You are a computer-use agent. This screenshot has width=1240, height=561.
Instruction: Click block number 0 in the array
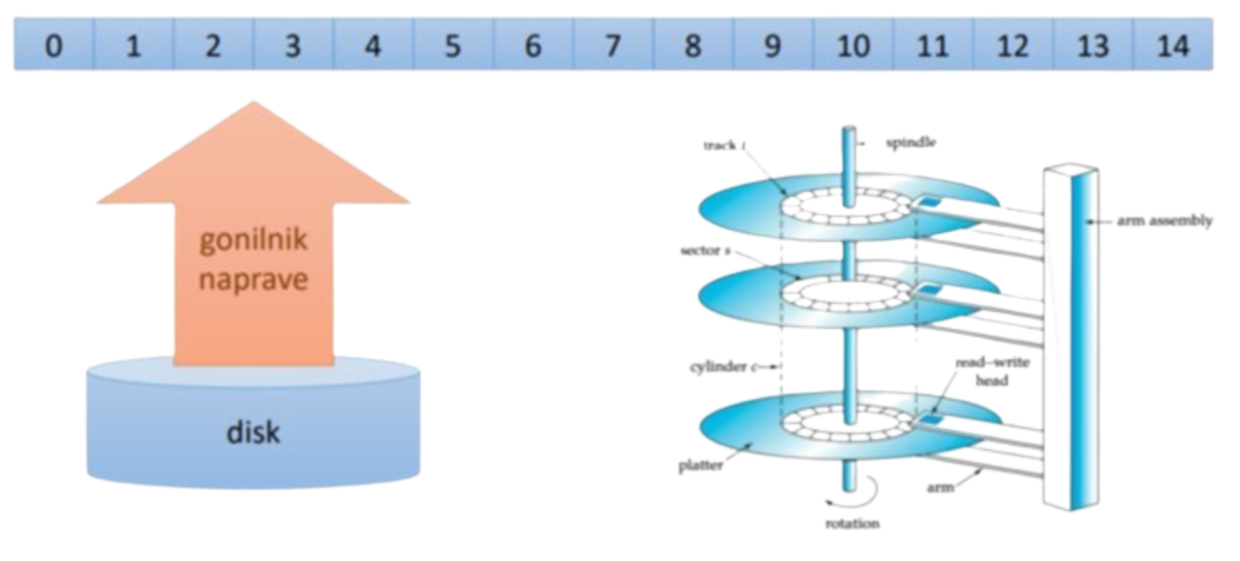coord(53,46)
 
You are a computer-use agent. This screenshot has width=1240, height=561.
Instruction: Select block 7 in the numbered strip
coord(612,46)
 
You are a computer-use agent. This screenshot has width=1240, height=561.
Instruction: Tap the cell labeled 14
coord(1173,46)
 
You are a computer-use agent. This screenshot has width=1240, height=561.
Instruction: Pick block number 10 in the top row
coord(853,46)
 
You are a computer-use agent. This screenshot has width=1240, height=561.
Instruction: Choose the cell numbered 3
coord(292,46)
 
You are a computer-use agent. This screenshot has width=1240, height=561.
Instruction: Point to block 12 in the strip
coord(1013,46)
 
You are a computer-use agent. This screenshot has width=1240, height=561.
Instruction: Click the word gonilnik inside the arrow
coord(253,242)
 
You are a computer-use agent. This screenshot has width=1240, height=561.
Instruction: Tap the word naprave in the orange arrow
coord(253,278)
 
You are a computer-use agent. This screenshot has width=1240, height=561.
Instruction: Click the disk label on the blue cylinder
coord(253,432)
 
